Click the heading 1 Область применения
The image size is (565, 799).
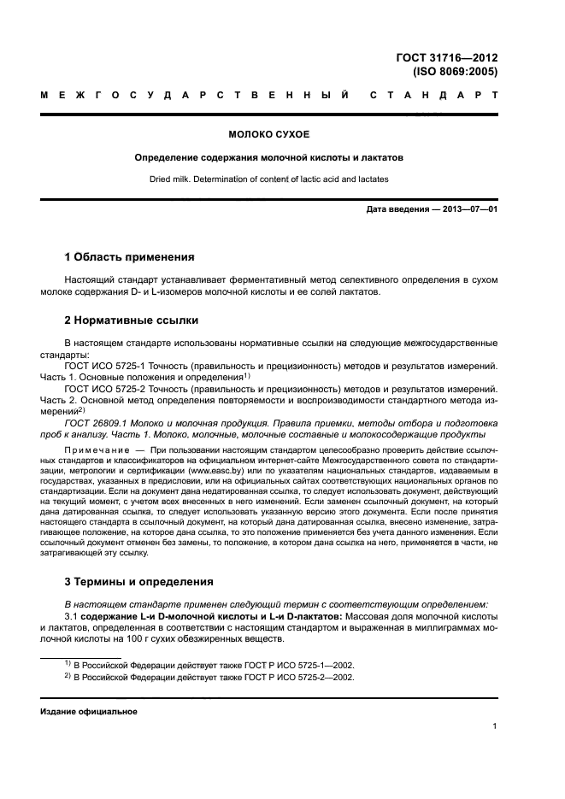click(130, 256)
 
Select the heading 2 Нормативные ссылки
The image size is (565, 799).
click(132, 320)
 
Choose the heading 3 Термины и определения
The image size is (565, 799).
click(139, 582)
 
